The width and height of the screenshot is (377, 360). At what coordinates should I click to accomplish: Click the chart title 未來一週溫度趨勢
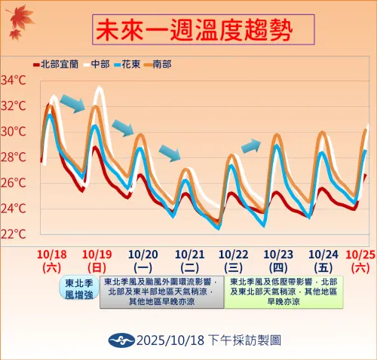tap(195, 32)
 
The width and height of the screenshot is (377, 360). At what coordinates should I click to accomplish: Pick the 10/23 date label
tap(280, 254)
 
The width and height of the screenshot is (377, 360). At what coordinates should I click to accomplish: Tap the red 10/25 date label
tap(360, 254)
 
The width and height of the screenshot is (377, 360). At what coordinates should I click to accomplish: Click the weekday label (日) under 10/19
tap(97, 267)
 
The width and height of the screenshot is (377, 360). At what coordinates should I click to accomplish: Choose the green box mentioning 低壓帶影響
tap(284, 291)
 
